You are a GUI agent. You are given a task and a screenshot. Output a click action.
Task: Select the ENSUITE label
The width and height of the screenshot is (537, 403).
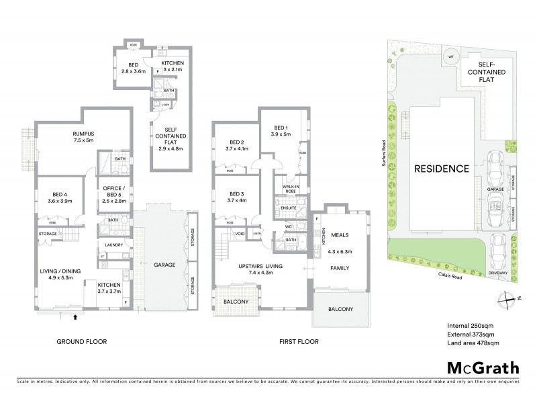click(x=289, y=209)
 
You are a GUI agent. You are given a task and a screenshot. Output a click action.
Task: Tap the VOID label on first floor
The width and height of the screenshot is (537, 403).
click(x=240, y=234)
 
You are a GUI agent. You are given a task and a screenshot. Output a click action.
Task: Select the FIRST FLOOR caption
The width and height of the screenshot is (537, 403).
click(x=298, y=341)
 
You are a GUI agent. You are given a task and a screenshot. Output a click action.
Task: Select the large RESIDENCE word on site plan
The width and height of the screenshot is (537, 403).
click(x=441, y=169)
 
